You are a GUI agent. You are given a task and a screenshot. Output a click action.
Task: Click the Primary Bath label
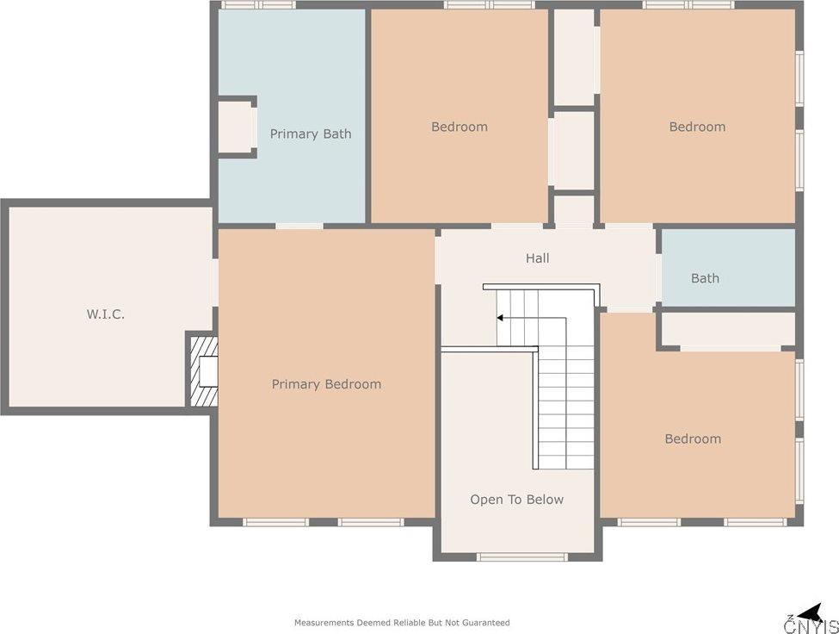coord(311,134)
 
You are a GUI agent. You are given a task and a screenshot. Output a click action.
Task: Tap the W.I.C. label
coord(106,314)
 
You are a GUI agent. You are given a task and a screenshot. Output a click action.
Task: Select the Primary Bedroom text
coord(326,384)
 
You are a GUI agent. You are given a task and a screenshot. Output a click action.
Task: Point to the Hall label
coord(537,258)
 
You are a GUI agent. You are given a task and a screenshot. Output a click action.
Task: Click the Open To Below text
coord(517,500)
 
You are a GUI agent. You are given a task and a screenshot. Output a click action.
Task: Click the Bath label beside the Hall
coord(705,278)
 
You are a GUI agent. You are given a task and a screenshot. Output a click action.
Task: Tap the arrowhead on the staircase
coord(500,318)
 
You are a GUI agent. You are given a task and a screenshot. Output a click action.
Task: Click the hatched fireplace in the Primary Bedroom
coord(202,371)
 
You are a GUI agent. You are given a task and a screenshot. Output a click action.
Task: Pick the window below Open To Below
coord(521,556)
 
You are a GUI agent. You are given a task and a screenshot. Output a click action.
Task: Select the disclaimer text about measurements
coord(402,623)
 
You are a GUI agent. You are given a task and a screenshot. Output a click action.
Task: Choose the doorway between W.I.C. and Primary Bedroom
coord(215,283)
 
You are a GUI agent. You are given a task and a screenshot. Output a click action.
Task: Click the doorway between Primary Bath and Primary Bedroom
coord(299,226)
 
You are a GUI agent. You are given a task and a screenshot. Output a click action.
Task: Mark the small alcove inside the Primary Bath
coord(236,127)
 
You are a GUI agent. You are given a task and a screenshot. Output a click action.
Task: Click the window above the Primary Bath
coord(258,5)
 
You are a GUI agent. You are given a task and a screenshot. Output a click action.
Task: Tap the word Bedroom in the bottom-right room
coord(693,439)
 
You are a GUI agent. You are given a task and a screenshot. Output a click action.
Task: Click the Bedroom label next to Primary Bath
coord(460,127)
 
